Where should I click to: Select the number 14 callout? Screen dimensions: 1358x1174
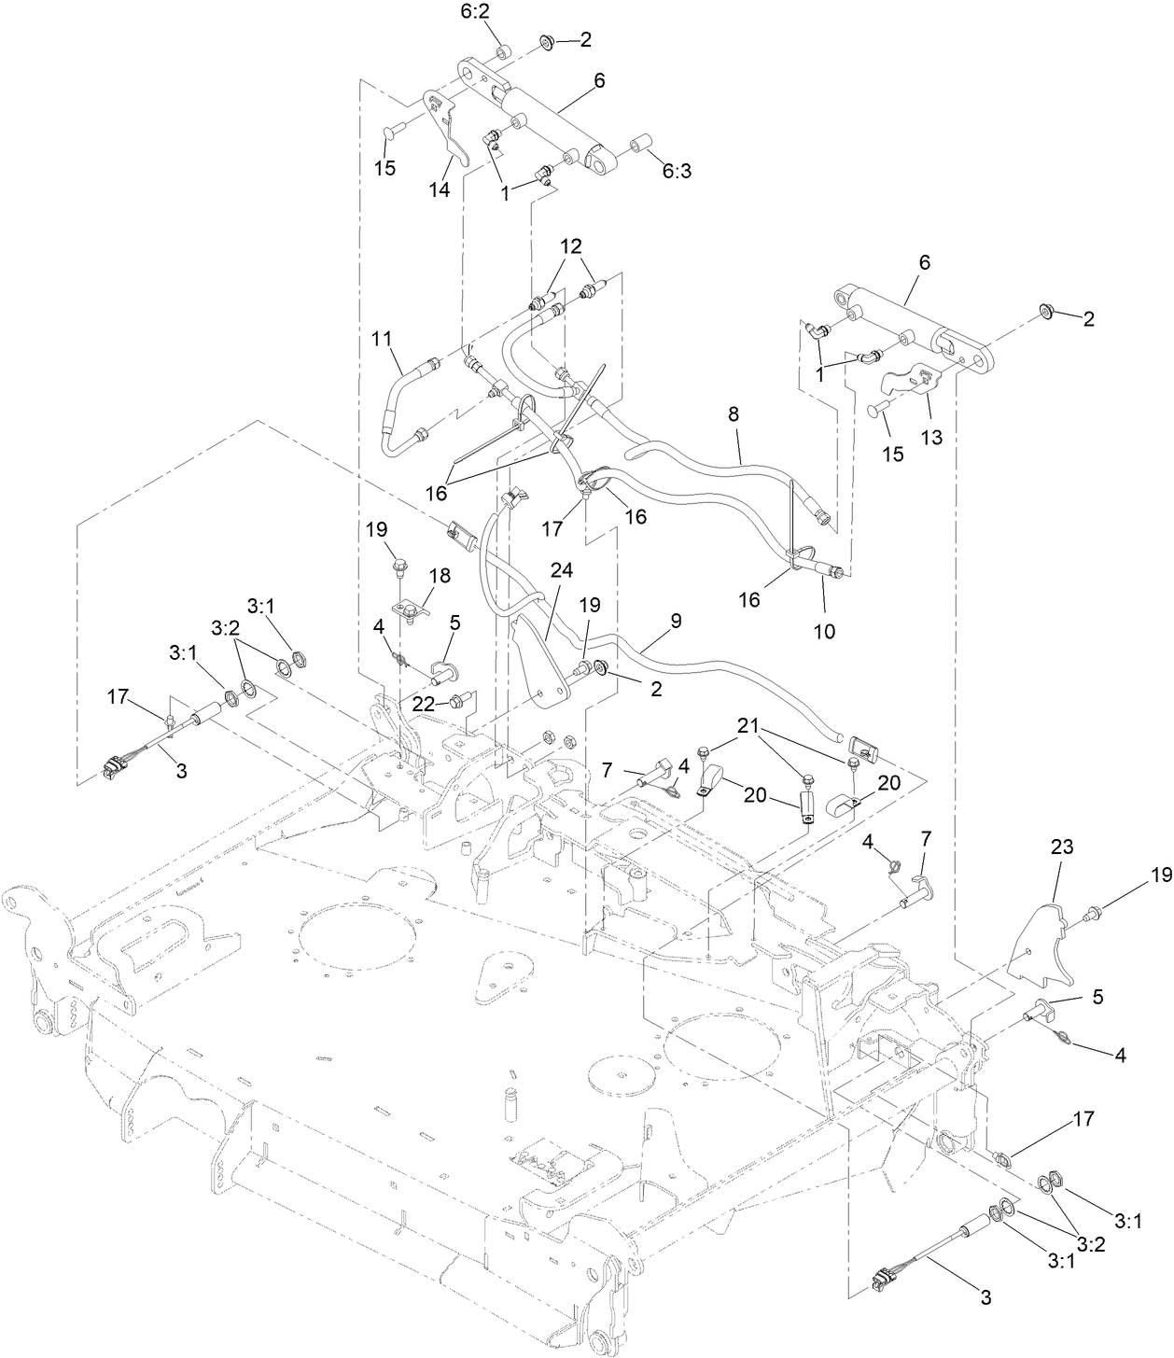click(439, 189)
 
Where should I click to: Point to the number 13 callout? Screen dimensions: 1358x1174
click(931, 437)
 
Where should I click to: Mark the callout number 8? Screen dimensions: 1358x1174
click(734, 413)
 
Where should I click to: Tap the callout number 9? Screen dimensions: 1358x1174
click(676, 620)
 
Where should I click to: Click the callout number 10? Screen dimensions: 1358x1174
click(824, 631)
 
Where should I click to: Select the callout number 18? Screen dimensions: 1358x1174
click(439, 576)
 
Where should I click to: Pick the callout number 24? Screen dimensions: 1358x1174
click(562, 569)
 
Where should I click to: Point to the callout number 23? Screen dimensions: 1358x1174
click(1061, 848)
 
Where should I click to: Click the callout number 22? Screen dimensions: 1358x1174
click(425, 706)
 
